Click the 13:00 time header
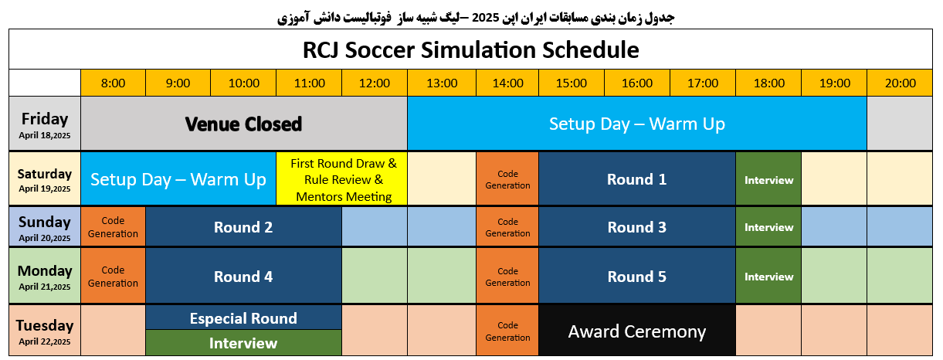442,83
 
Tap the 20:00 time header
900,83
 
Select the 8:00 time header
113,83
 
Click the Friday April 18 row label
45,124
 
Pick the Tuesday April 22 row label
45,331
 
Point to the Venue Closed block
244,124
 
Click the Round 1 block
637,179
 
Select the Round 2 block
243,226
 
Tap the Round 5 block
637,277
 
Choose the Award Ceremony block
637,331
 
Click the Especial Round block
243,318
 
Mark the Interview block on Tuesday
243,343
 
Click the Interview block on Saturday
768,179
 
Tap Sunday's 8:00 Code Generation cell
113,226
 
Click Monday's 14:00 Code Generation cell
507,277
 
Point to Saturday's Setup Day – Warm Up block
178,179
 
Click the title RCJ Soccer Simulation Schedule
470,49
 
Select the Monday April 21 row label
45,277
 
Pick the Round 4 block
243,277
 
